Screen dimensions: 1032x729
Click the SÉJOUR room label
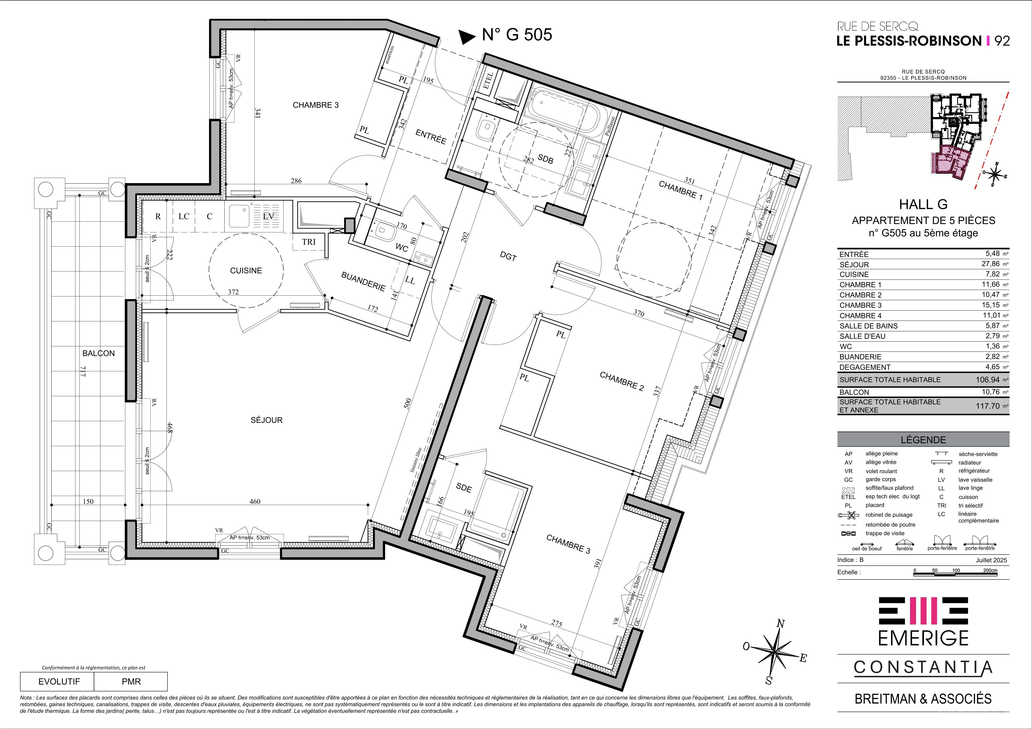click(x=267, y=420)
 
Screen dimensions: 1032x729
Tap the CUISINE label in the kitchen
click(x=246, y=270)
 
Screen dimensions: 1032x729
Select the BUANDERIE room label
click(x=363, y=281)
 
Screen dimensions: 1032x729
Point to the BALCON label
click(x=98, y=353)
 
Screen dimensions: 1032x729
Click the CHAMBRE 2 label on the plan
click(x=622, y=381)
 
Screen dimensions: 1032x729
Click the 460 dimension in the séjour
click(x=255, y=501)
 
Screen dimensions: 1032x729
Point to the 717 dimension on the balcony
click(x=83, y=372)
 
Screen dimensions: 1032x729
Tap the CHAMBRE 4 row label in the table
click(x=858, y=316)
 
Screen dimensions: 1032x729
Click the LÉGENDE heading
click(x=923, y=440)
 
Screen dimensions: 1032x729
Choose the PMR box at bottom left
click(x=131, y=681)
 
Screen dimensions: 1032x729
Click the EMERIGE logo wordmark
click(x=923, y=638)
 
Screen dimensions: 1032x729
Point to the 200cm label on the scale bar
click(x=990, y=571)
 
